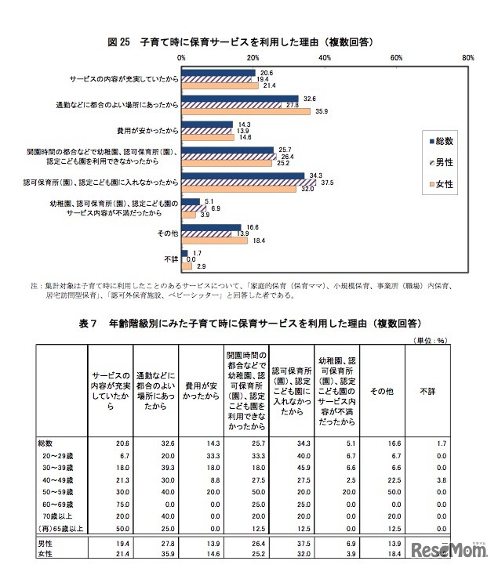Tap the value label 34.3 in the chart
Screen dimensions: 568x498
click(x=318, y=174)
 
